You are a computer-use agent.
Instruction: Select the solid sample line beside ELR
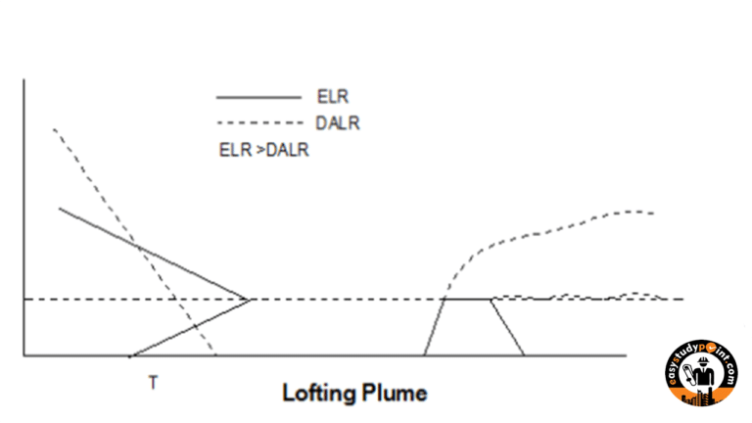point(258,97)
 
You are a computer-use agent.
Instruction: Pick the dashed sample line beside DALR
point(258,122)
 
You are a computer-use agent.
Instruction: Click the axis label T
point(153,383)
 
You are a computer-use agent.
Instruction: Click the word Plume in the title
point(395,394)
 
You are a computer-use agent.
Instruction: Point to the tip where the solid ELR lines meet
point(253,298)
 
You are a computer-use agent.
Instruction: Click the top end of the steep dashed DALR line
point(53,127)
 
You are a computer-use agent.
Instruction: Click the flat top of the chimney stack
point(467,299)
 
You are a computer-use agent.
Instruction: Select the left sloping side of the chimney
point(435,327)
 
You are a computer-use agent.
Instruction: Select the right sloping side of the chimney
point(507,327)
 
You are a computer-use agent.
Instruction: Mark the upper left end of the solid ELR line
point(60,208)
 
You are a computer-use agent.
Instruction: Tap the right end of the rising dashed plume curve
point(652,212)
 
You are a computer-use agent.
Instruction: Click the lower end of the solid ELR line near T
point(131,354)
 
